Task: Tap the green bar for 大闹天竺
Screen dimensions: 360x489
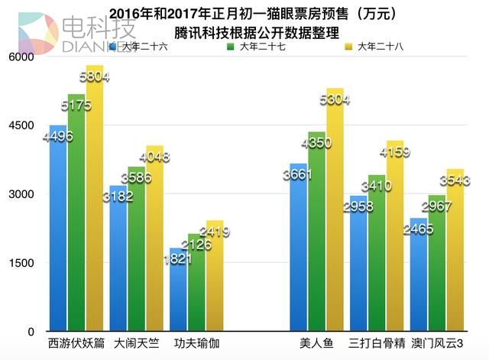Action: tap(136, 252)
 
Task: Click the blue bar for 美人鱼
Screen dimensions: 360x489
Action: tap(298, 252)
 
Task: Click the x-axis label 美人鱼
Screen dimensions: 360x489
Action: tap(316, 342)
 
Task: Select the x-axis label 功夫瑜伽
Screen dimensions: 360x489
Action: tap(197, 342)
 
